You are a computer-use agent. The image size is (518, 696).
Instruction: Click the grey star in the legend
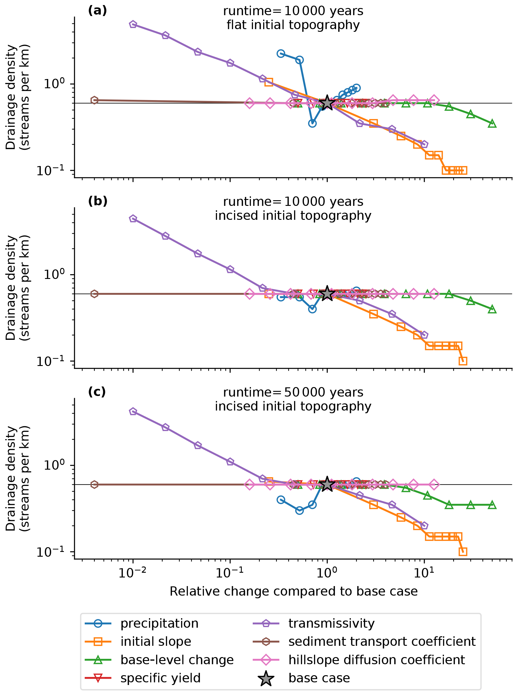tap(266, 678)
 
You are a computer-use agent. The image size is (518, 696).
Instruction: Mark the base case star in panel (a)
tap(327, 103)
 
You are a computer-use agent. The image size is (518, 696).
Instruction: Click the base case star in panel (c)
tap(327, 484)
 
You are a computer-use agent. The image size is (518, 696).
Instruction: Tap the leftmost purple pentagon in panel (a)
tap(133, 24)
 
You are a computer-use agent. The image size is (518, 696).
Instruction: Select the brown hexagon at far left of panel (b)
tap(94, 294)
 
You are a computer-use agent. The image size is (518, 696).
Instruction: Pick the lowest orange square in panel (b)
tap(463, 361)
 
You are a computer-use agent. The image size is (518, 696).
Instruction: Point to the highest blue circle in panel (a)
tap(281, 53)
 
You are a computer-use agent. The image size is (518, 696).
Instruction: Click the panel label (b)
tap(98, 201)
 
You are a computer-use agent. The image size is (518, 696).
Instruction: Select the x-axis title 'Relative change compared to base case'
tap(293, 591)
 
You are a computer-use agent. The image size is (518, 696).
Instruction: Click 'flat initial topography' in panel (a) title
tap(293, 25)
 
